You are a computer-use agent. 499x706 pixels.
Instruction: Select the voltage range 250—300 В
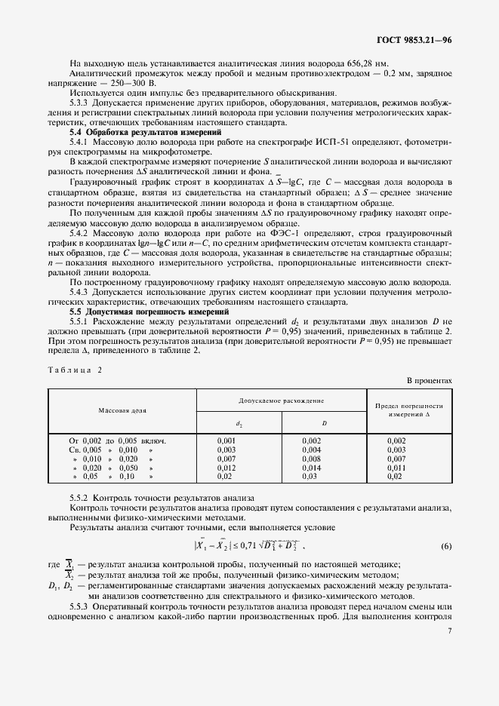point(134,83)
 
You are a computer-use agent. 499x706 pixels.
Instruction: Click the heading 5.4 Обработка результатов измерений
point(129,132)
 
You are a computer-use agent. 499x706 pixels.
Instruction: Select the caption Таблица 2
point(74,370)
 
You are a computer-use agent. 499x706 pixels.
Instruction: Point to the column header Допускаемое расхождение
point(282,400)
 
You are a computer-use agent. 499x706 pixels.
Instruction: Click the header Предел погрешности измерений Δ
point(408,410)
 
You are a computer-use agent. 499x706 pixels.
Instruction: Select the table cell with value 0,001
point(226,439)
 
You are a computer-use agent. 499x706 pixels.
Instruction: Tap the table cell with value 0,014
point(312,468)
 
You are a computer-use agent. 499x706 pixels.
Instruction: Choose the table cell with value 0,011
point(396,468)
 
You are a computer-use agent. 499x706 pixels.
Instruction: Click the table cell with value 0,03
point(309,477)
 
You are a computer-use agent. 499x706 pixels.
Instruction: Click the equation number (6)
point(446,545)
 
